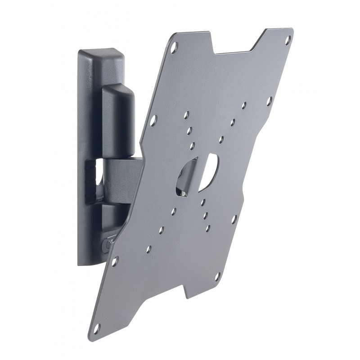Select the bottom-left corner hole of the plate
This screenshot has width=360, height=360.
point(115,260)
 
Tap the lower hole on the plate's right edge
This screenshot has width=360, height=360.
point(234,219)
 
